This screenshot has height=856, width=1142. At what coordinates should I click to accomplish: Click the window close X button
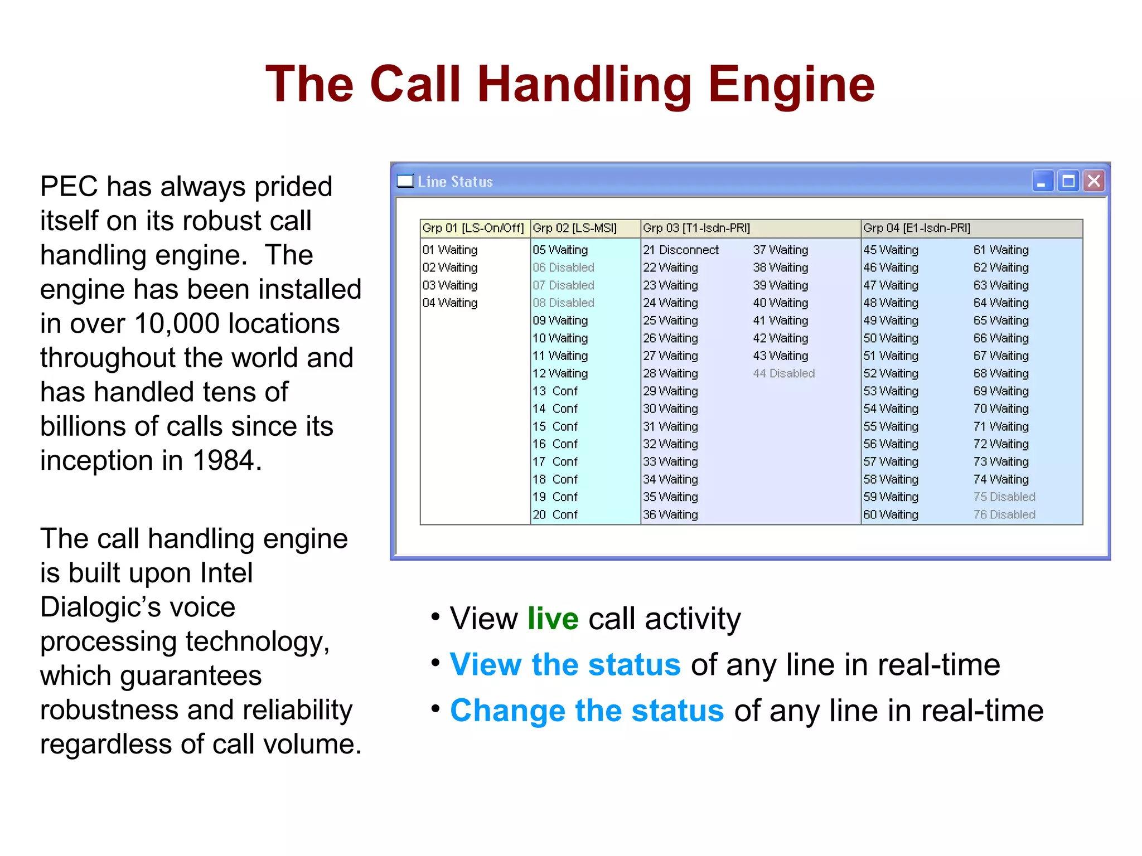pos(1094,181)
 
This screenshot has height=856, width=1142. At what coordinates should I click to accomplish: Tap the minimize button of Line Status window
pos(1042,182)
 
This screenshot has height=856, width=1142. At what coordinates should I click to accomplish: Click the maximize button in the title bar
pos(1068,182)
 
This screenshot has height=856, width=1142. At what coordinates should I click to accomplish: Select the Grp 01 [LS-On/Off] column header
pos(473,228)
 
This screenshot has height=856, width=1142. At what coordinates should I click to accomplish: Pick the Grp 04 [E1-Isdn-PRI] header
pos(917,228)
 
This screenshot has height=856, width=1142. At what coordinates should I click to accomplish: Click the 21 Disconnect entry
pos(681,250)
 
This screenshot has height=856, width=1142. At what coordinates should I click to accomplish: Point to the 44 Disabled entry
pos(783,373)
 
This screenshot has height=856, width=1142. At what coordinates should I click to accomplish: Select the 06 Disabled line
pos(563,267)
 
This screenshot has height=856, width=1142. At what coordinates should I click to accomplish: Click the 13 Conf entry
pos(555,391)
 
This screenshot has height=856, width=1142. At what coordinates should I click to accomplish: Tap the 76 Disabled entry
pos(1004,514)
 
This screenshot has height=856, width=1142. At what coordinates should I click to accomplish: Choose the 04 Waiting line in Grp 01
pos(450,303)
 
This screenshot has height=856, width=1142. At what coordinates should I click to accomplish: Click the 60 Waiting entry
pos(891,514)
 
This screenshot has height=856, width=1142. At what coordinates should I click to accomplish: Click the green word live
pos(553,619)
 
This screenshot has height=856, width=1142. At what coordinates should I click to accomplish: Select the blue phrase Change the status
pos(587,711)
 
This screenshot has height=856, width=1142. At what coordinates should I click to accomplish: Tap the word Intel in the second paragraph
pos(226,573)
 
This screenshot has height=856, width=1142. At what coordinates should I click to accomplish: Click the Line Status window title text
pos(455,182)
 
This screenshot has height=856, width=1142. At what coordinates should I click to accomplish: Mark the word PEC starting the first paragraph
pos(69,187)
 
